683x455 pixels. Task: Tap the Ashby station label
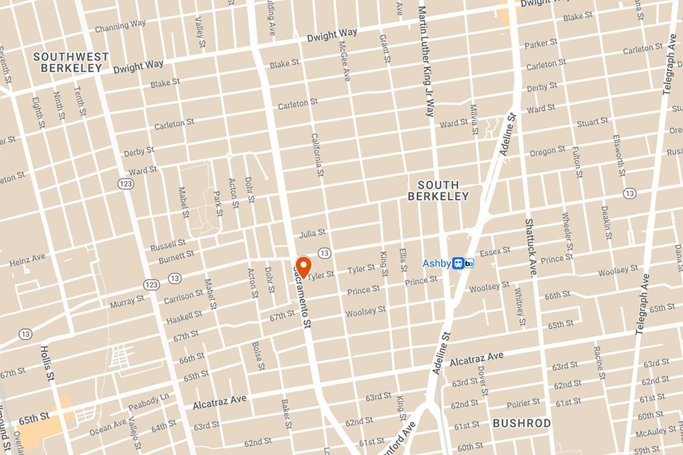pyautogui.click(x=436, y=263)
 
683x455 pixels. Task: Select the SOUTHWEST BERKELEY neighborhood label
pyautogui.click(x=68, y=62)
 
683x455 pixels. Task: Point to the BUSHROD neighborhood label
pyautogui.click(x=522, y=424)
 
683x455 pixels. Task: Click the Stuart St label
pyautogui.click(x=592, y=123)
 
